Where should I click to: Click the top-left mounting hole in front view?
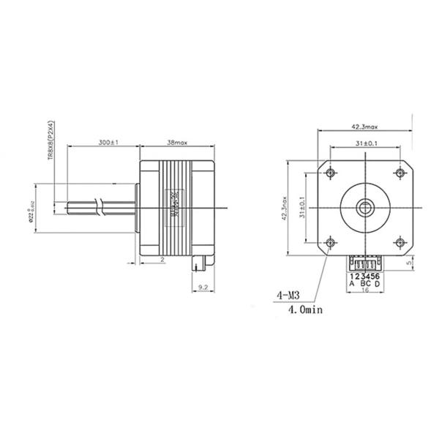pos(332,173)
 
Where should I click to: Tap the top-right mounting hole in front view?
pos(399,173)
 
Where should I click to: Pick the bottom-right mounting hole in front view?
pos(399,241)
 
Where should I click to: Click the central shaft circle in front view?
pos(366,207)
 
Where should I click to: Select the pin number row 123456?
pos(364,277)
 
